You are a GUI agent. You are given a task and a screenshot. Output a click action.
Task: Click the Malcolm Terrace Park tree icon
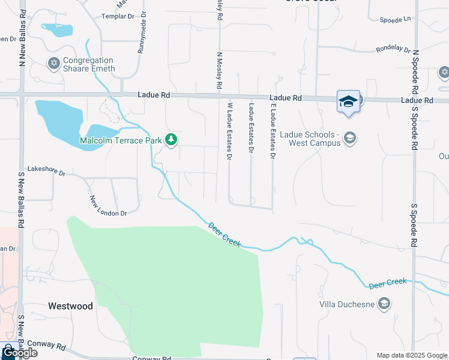coord(172,140)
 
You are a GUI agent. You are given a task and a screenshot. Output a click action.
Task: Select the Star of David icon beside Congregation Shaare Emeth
coord(53,63)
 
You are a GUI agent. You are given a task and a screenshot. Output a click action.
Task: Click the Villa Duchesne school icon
coord(384,304)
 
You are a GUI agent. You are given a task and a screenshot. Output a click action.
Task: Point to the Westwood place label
coord(71,306)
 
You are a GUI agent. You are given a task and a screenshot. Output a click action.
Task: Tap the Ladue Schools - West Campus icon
coord(350,139)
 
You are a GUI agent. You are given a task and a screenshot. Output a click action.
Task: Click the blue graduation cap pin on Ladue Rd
coord(348,101)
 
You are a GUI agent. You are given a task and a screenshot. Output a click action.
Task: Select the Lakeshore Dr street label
coord(46,172)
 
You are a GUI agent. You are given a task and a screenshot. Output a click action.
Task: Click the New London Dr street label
coord(108,206)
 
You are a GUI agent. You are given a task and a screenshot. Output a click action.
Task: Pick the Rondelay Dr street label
coord(393,50)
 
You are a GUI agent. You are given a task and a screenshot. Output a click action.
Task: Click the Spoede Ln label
coord(397,19)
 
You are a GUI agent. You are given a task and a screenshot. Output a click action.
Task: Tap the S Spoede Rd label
coord(414,225)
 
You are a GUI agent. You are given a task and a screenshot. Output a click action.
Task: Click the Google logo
coord(20,353)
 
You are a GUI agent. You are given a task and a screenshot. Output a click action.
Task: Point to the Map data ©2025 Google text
coord(412,355)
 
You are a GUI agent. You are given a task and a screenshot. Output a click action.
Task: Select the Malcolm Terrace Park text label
coord(121,140)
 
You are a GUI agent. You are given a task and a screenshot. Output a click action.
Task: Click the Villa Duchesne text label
coord(348,304)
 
